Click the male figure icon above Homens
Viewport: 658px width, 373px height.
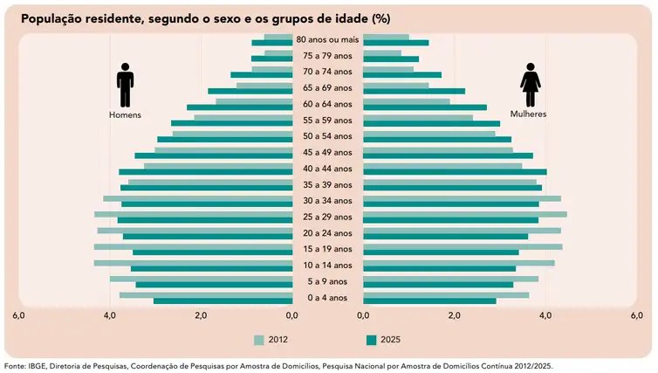(x=125, y=86)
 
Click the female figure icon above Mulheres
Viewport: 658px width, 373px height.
(x=530, y=86)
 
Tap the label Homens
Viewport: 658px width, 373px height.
(x=125, y=115)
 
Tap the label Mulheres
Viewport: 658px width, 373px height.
(x=529, y=114)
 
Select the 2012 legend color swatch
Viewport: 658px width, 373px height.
(x=259, y=340)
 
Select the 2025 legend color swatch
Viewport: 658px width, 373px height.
(x=371, y=340)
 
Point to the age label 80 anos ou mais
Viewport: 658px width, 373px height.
(x=327, y=39)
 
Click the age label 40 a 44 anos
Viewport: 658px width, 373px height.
(x=327, y=168)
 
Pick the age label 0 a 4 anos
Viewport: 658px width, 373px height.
(x=327, y=297)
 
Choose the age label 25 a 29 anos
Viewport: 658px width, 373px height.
(x=327, y=217)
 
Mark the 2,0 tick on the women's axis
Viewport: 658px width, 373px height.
(x=454, y=315)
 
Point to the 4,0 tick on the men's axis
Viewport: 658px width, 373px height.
(x=111, y=315)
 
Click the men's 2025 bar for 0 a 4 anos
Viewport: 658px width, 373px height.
(x=223, y=301)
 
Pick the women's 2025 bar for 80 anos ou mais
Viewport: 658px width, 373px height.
(x=395, y=43)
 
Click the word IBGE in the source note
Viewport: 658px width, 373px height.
(x=38, y=366)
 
